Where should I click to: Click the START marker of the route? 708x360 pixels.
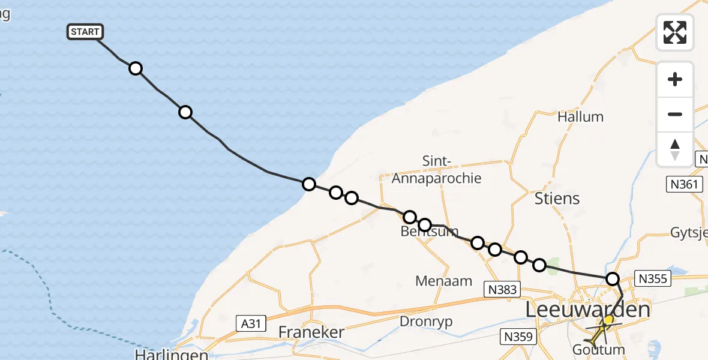[85, 32]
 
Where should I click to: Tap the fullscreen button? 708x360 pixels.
[675, 32]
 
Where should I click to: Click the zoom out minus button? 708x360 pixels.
[675, 114]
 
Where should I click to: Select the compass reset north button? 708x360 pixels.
[675, 149]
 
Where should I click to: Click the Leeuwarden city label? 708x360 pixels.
[587, 310]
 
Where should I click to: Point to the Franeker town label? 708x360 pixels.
[311, 332]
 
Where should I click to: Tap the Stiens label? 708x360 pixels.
[557, 198]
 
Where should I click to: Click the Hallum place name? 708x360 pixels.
[580, 116]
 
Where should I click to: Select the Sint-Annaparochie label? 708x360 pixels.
[436, 170]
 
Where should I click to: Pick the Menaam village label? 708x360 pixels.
[444, 281]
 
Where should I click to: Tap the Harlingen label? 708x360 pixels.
[171, 355]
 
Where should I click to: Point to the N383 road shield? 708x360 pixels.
[500, 290]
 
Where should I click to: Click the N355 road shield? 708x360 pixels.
[652, 279]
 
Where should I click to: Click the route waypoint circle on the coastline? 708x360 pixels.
[308, 184]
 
